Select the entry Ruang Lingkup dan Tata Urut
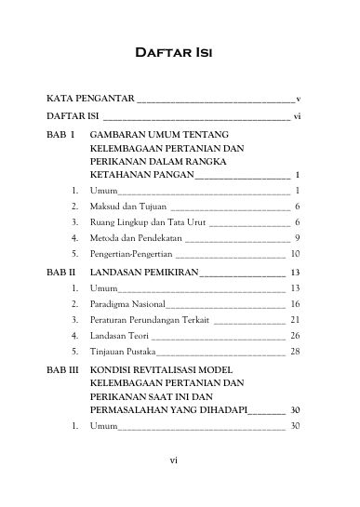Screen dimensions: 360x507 pos(149,222)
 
